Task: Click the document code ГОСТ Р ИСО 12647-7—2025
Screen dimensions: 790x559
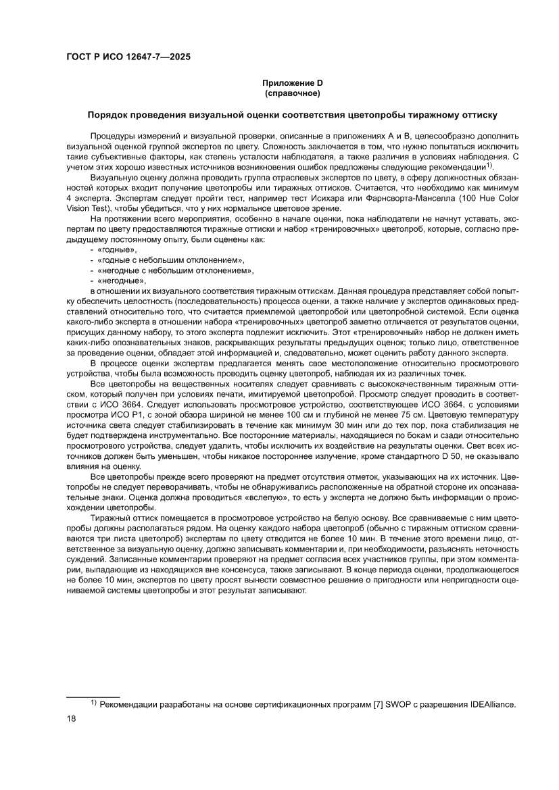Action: [128, 57]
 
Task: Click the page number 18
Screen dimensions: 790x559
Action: [72, 718]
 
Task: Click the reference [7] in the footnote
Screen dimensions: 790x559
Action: [379, 703]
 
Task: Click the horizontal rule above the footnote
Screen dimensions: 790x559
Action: [93, 695]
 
